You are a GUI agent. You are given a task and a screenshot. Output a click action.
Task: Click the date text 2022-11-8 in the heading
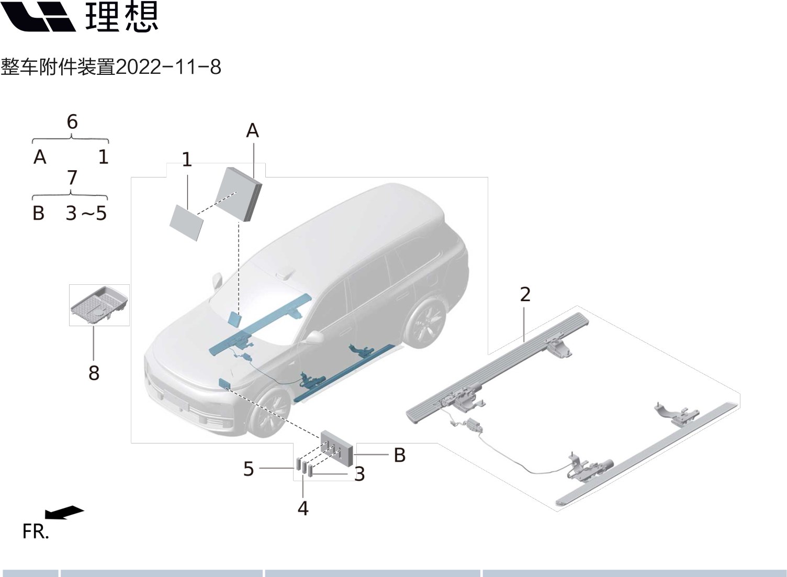tap(168, 68)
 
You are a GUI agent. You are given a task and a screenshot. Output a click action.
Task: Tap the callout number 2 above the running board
tap(525, 294)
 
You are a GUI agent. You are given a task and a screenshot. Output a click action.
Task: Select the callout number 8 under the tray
tap(94, 373)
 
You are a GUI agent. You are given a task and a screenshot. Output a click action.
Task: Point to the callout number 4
tap(303, 508)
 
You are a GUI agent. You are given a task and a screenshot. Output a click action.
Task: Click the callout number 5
tap(249, 469)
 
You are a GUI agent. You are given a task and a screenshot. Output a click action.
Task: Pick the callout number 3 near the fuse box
tap(359, 474)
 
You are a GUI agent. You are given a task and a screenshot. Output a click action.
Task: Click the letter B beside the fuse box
tap(399, 455)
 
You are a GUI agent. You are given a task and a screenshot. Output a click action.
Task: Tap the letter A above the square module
tap(252, 130)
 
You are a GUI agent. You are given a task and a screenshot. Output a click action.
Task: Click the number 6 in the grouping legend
tap(72, 122)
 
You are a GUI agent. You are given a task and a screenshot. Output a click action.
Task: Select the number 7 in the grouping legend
tap(72, 178)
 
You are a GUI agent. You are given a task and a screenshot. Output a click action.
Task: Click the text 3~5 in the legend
tap(86, 214)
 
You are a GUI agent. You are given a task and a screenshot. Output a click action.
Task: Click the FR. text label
tap(36, 531)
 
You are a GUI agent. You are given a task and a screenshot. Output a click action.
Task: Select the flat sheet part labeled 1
tap(187, 223)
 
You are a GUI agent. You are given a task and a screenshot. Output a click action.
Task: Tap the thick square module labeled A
tap(238, 194)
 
